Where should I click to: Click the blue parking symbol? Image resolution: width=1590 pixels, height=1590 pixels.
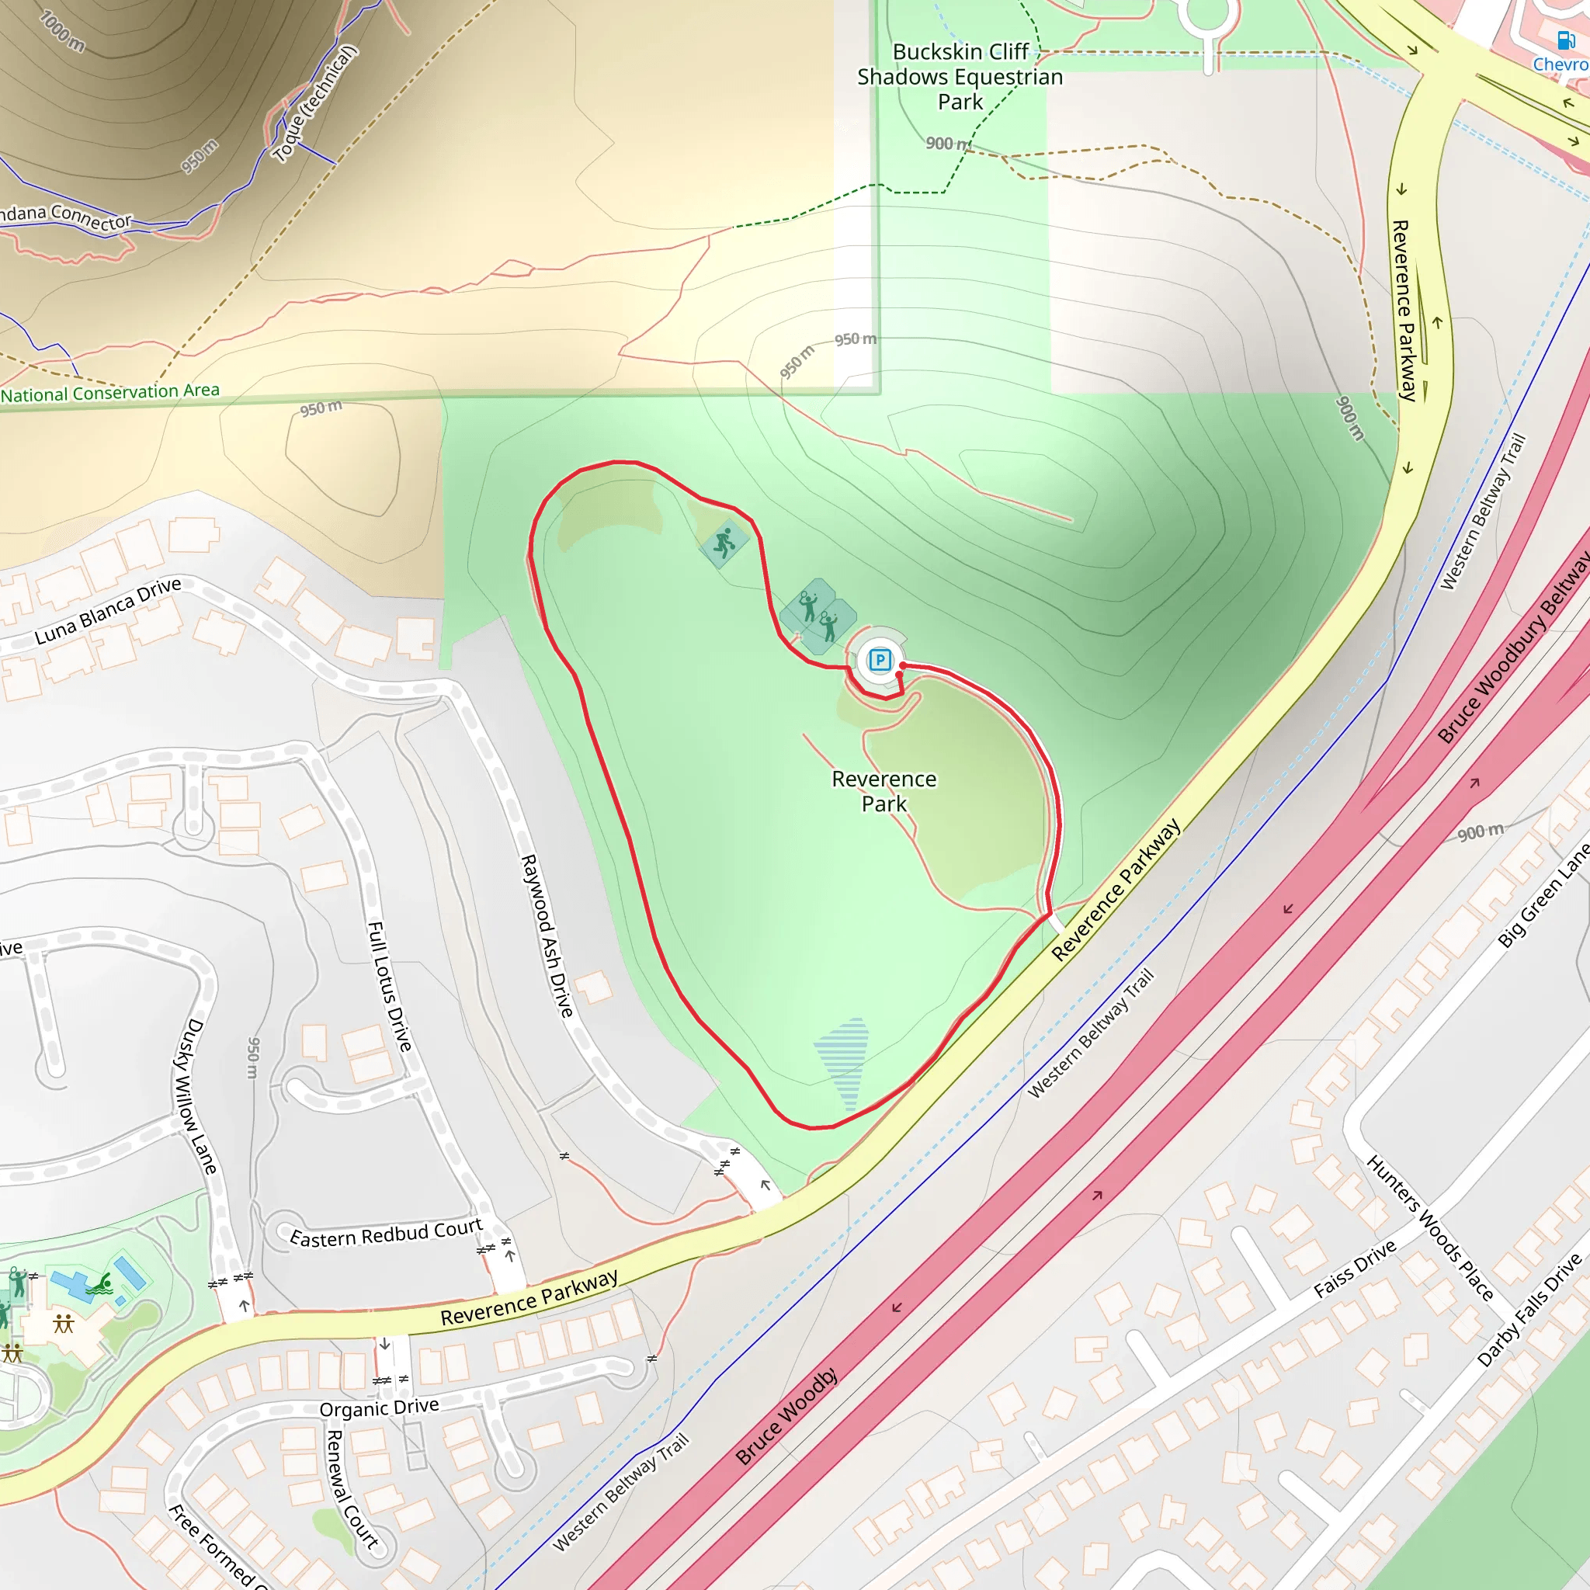(x=880, y=659)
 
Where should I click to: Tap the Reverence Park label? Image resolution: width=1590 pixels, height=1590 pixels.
(x=884, y=791)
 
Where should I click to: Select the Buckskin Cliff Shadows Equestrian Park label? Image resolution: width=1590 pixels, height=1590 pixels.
(x=960, y=77)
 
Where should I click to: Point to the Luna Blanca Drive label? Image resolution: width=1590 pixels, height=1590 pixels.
(x=108, y=612)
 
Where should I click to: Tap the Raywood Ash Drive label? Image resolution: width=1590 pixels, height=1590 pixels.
(x=547, y=936)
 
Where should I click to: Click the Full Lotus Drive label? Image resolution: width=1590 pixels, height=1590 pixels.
(x=388, y=985)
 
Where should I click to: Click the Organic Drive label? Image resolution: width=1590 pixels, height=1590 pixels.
(x=379, y=1408)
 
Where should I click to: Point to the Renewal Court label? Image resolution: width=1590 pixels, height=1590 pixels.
(x=352, y=1490)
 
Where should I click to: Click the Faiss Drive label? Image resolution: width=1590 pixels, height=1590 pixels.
(x=1355, y=1269)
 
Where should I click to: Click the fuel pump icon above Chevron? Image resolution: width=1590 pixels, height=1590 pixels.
(x=1564, y=40)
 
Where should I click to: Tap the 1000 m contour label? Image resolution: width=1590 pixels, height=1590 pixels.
(x=62, y=30)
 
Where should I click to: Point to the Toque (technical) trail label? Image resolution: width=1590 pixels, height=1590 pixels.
(x=315, y=103)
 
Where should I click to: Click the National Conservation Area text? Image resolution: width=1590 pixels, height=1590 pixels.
(x=110, y=393)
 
